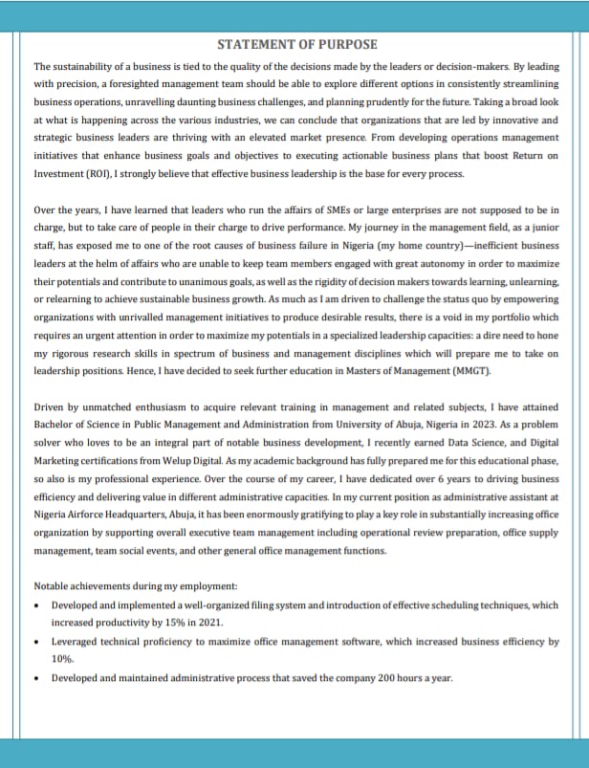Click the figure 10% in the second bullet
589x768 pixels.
coord(63,659)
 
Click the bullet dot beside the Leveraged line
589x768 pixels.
coord(36,642)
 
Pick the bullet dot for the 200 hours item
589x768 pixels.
coord(36,678)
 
